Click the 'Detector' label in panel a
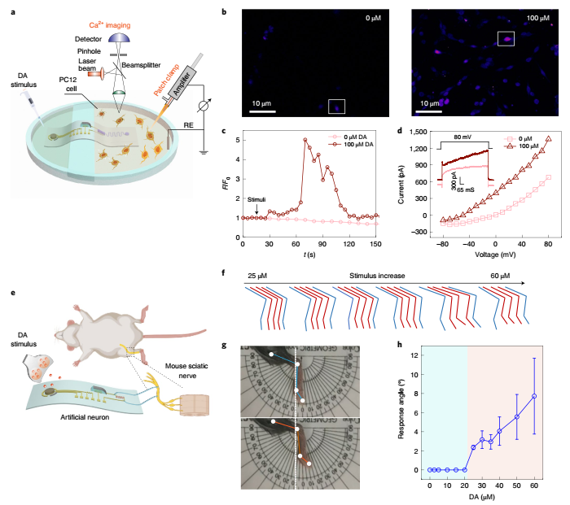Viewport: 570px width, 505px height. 95,37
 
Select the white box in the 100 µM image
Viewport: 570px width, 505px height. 506,38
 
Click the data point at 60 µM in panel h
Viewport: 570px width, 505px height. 534,396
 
